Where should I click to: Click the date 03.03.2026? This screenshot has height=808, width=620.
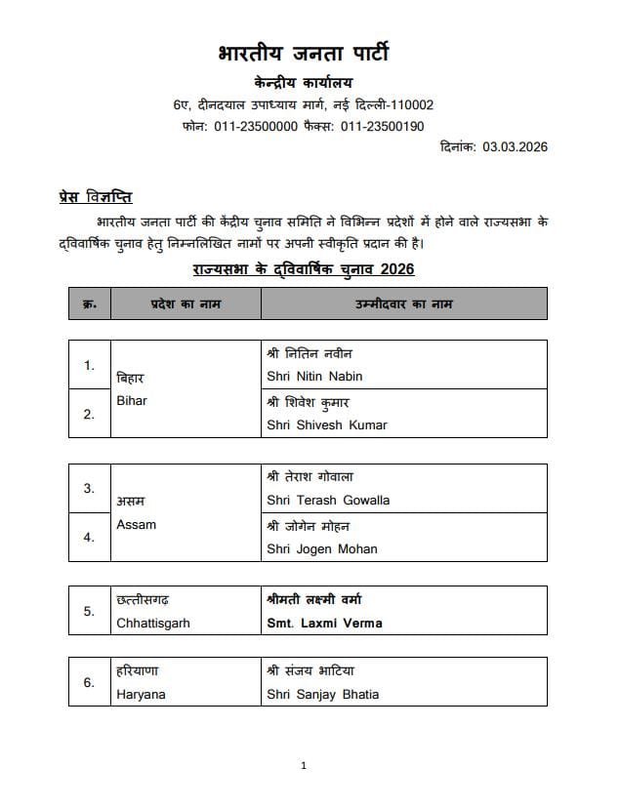(x=513, y=147)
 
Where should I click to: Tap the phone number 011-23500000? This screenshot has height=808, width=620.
(x=256, y=126)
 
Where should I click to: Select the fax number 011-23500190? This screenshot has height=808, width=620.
(x=382, y=126)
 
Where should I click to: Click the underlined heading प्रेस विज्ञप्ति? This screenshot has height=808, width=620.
(x=96, y=197)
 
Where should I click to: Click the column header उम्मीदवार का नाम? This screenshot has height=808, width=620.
(x=403, y=303)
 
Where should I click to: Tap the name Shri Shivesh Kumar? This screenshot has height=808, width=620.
(x=326, y=424)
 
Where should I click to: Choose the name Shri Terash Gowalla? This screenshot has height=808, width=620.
(x=327, y=500)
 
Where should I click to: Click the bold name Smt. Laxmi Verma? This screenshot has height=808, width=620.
(x=324, y=623)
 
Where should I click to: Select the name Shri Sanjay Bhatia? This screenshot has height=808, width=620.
(x=322, y=695)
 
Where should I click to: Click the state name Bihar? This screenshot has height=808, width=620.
(x=131, y=400)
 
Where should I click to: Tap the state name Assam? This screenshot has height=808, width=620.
(x=136, y=524)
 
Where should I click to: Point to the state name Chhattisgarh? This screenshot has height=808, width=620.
(x=152, y=623)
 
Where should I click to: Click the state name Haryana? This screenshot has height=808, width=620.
(x=141, y=695)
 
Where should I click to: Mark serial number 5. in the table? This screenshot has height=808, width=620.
(x=89, y=611)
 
